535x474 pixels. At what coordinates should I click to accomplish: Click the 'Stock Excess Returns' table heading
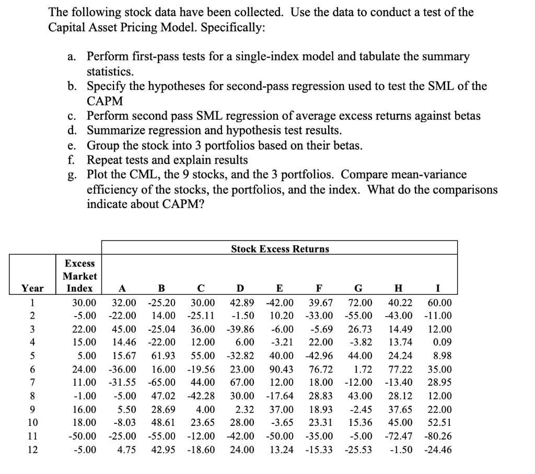(280, 249)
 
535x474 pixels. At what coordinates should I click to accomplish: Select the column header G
(358, 288)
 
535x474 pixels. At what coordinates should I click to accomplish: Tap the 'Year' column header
(32, 288)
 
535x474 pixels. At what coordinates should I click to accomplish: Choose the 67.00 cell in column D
(242, 381)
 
